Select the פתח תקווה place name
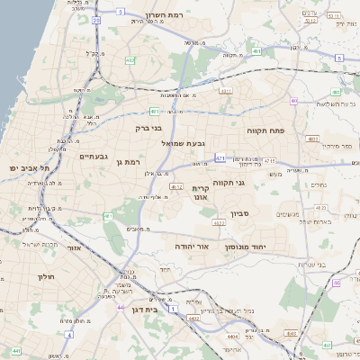265,130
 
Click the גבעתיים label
94,157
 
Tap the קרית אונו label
201,192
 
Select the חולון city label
47,276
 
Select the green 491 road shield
256,52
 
